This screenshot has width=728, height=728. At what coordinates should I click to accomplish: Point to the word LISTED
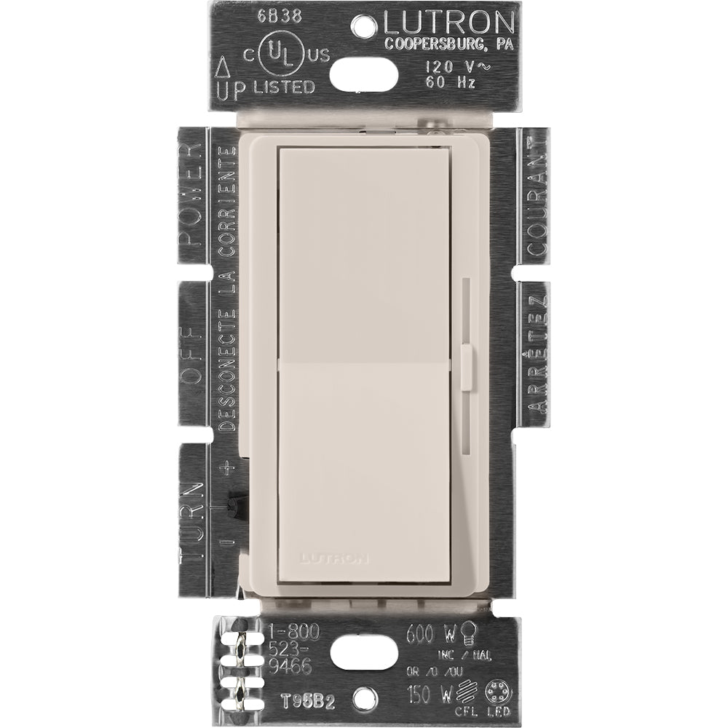284,87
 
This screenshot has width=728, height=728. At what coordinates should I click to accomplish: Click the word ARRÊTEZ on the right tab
537,357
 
